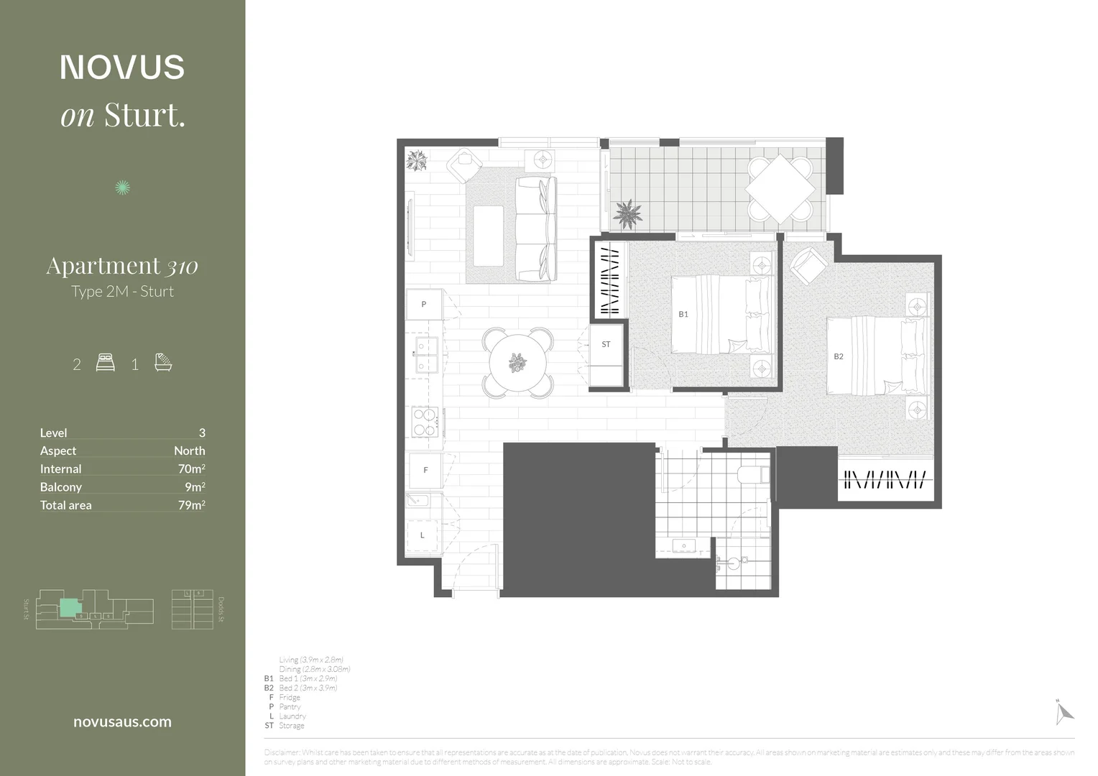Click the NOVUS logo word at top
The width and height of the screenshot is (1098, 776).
(122, 67)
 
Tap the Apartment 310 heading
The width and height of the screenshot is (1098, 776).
(122, 266)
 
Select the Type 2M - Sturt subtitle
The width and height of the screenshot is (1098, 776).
(122, 291)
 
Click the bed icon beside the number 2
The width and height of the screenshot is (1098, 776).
(106, 362)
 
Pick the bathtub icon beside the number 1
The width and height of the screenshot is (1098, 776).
(163, 362)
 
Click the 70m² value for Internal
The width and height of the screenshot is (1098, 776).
(191, 468)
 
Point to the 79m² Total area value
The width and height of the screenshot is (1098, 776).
(191, 505)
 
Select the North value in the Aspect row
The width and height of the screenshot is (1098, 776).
(189, 451)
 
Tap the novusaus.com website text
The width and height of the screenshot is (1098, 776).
(122, 722)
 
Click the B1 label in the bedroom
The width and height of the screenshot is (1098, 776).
(683, 314)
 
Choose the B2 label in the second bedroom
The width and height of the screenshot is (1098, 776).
(839, 356)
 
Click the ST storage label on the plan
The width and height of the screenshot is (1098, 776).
(606, 344)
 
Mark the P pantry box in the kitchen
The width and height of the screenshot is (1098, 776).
(424, 304)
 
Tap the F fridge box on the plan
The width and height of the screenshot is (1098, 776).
(425, 470)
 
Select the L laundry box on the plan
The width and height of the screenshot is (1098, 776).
(423, 535)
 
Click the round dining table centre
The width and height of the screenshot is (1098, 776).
(517, 363)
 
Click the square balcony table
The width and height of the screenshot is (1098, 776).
(780, 189)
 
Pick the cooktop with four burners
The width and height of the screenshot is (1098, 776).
(425, 422)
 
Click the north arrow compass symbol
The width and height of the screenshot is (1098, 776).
(1063, 712)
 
